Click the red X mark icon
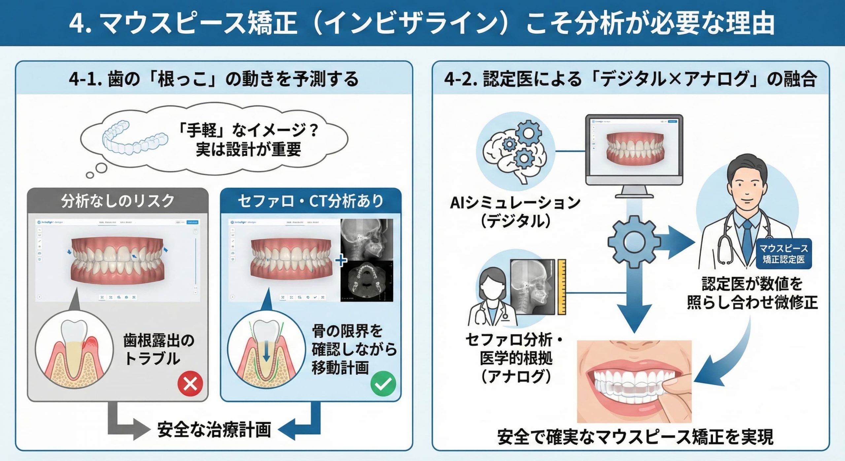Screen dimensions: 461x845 tap(190, 384)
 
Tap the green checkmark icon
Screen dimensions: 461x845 tap(383, 383)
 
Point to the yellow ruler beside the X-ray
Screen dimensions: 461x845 tap(561, 287)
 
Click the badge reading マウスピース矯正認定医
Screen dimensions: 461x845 tap(783, 254)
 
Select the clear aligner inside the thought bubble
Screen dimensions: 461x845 tap(134, 140)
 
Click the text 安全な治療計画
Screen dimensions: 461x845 tap(214, 429)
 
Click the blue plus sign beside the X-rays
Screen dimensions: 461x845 tap(341, 261)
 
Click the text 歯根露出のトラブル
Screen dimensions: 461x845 tap(159, 349)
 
